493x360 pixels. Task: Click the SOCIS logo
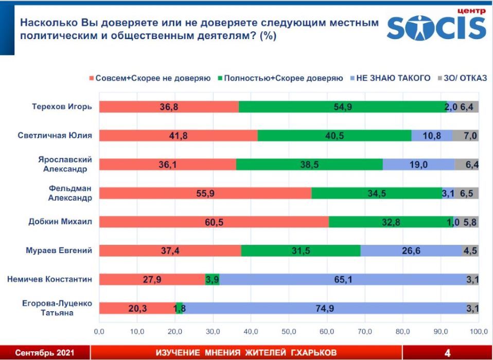[x=436, y=27]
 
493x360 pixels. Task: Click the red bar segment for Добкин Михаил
[x=214, y=222]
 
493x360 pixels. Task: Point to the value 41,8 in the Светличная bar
[x=178, y=136]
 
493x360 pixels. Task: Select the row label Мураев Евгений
[x=59, y=250]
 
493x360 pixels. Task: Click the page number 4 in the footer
[x=447, y=353]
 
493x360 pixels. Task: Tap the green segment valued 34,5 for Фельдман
[x=376, y=193]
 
